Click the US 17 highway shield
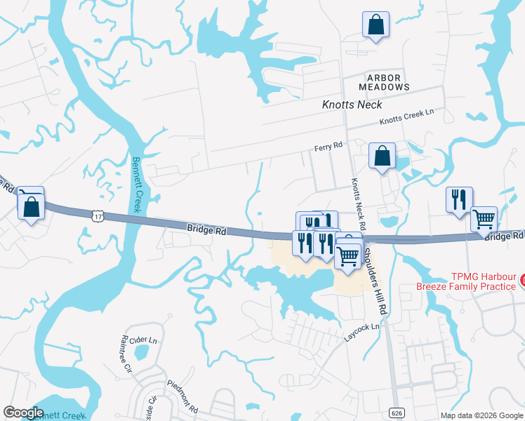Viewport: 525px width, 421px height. [x=96, y=215]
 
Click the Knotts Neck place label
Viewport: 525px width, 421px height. [x=352, y=105]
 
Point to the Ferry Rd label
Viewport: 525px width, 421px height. [x=328, y=146]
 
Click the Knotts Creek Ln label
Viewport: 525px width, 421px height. [x=407, y=116]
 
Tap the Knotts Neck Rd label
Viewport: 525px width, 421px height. [x=358, y=204]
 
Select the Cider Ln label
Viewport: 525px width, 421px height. [x=143, y=340]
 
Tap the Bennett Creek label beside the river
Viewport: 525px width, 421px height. [x=136, y=184]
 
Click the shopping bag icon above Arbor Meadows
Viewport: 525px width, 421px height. [x=376, y=25]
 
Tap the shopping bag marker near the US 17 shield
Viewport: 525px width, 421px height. [x=31, y=205]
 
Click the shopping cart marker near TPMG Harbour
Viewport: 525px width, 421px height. [x=484, y=219]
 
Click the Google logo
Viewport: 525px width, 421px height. [x=23, y=413]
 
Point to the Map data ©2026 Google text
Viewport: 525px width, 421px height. [x=482, y=415]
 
